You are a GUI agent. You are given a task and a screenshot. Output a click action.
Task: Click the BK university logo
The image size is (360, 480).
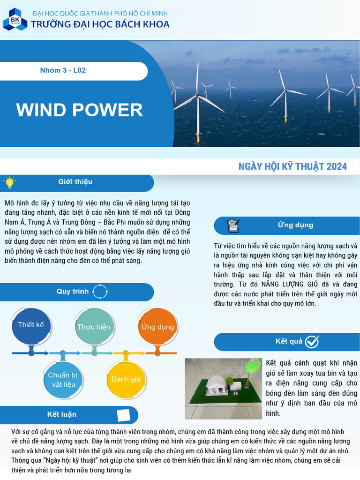tap(12, 19)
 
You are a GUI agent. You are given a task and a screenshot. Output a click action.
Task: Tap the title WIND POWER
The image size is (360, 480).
tap(80, 110)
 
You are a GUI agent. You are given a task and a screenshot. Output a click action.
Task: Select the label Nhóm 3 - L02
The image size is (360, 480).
tap(63, 71)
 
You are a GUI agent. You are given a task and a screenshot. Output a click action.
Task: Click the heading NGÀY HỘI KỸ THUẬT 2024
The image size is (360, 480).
tap(292, 166)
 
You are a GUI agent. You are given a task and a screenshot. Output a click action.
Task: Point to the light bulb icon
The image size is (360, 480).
tap(9, 182)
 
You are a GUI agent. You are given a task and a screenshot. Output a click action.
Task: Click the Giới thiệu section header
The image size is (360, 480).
tap(75, 182)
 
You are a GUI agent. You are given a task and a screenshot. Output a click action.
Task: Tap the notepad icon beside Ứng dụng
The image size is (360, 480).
tap(232, 225)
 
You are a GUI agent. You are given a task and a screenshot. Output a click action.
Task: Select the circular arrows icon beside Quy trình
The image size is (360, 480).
tap(100, 292)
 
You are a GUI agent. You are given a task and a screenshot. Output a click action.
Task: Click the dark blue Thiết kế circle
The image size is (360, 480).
tap(31, 325)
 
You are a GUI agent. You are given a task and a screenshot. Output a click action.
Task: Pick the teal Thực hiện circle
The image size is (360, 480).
tap(94, 327)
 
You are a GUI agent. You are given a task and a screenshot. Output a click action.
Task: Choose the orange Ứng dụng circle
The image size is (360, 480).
tap(157, 327)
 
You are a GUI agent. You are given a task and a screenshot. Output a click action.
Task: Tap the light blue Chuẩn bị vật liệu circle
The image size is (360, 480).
tap(62, 380)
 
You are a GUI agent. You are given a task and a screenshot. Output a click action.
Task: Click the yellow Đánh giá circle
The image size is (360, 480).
tap(126, 379)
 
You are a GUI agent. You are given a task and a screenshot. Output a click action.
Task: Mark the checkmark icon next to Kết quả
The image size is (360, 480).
tap(312, 342)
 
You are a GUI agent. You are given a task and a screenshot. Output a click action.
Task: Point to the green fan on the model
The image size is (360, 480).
tap(253, 365)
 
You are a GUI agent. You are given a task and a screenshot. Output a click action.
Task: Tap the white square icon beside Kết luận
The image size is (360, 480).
tap(123, 415)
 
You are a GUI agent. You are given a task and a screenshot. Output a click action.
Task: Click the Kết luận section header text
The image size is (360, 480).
tap(62, 414)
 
